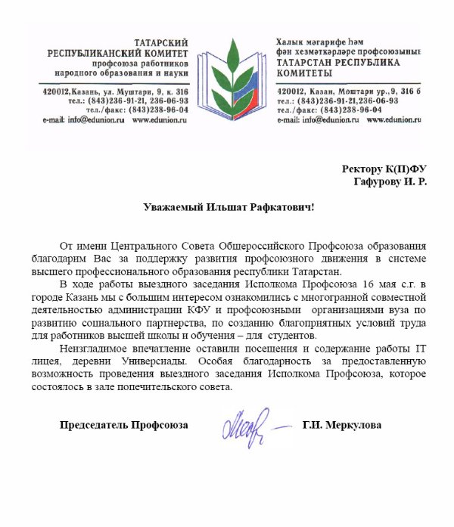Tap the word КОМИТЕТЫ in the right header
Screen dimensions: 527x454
303,73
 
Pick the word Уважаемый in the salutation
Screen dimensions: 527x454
177,206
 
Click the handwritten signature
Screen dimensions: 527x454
250,427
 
